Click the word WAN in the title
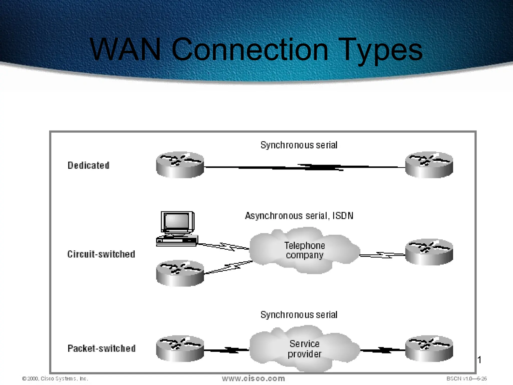coord(125,49)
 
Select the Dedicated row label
coord(88,165)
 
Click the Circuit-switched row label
coord(101,254)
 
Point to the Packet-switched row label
coord(101,348)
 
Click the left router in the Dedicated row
coord(180,165)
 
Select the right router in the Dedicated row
coord(429,165)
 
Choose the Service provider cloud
coord(304,349)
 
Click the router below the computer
coord(180,273)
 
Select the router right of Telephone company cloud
coord(429,252)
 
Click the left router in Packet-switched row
coord(180,349)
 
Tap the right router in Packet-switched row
coord(429,349)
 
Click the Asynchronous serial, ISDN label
coord(299,216)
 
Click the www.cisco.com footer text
coord(253,378)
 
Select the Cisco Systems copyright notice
coord(55,378)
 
